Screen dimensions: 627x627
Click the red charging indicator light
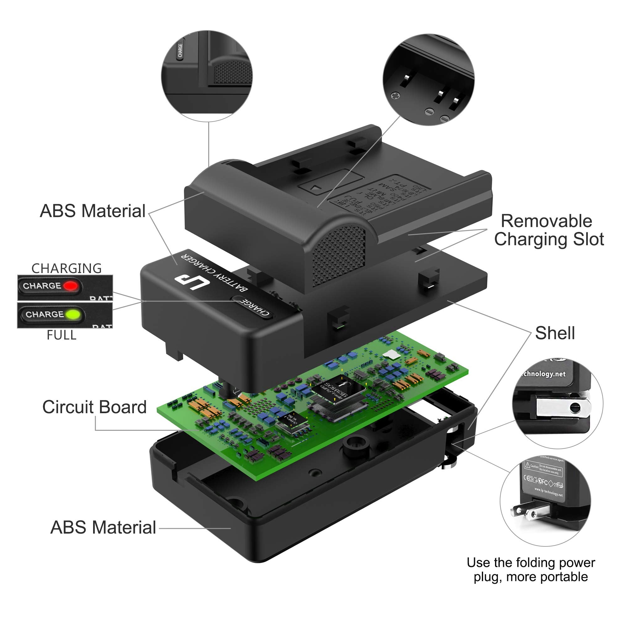point(71,286)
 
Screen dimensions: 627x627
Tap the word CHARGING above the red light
point(66,268)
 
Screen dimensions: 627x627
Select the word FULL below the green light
point(61,335)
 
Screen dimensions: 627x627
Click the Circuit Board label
point(94,407)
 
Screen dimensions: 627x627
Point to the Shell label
point(555,333)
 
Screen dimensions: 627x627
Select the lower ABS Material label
point(103,527)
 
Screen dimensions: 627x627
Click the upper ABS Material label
point(92,211)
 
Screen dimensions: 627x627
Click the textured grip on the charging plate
point(338,256)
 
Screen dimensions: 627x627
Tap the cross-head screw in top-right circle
point(395,95)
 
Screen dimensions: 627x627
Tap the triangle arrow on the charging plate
point(315,187)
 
